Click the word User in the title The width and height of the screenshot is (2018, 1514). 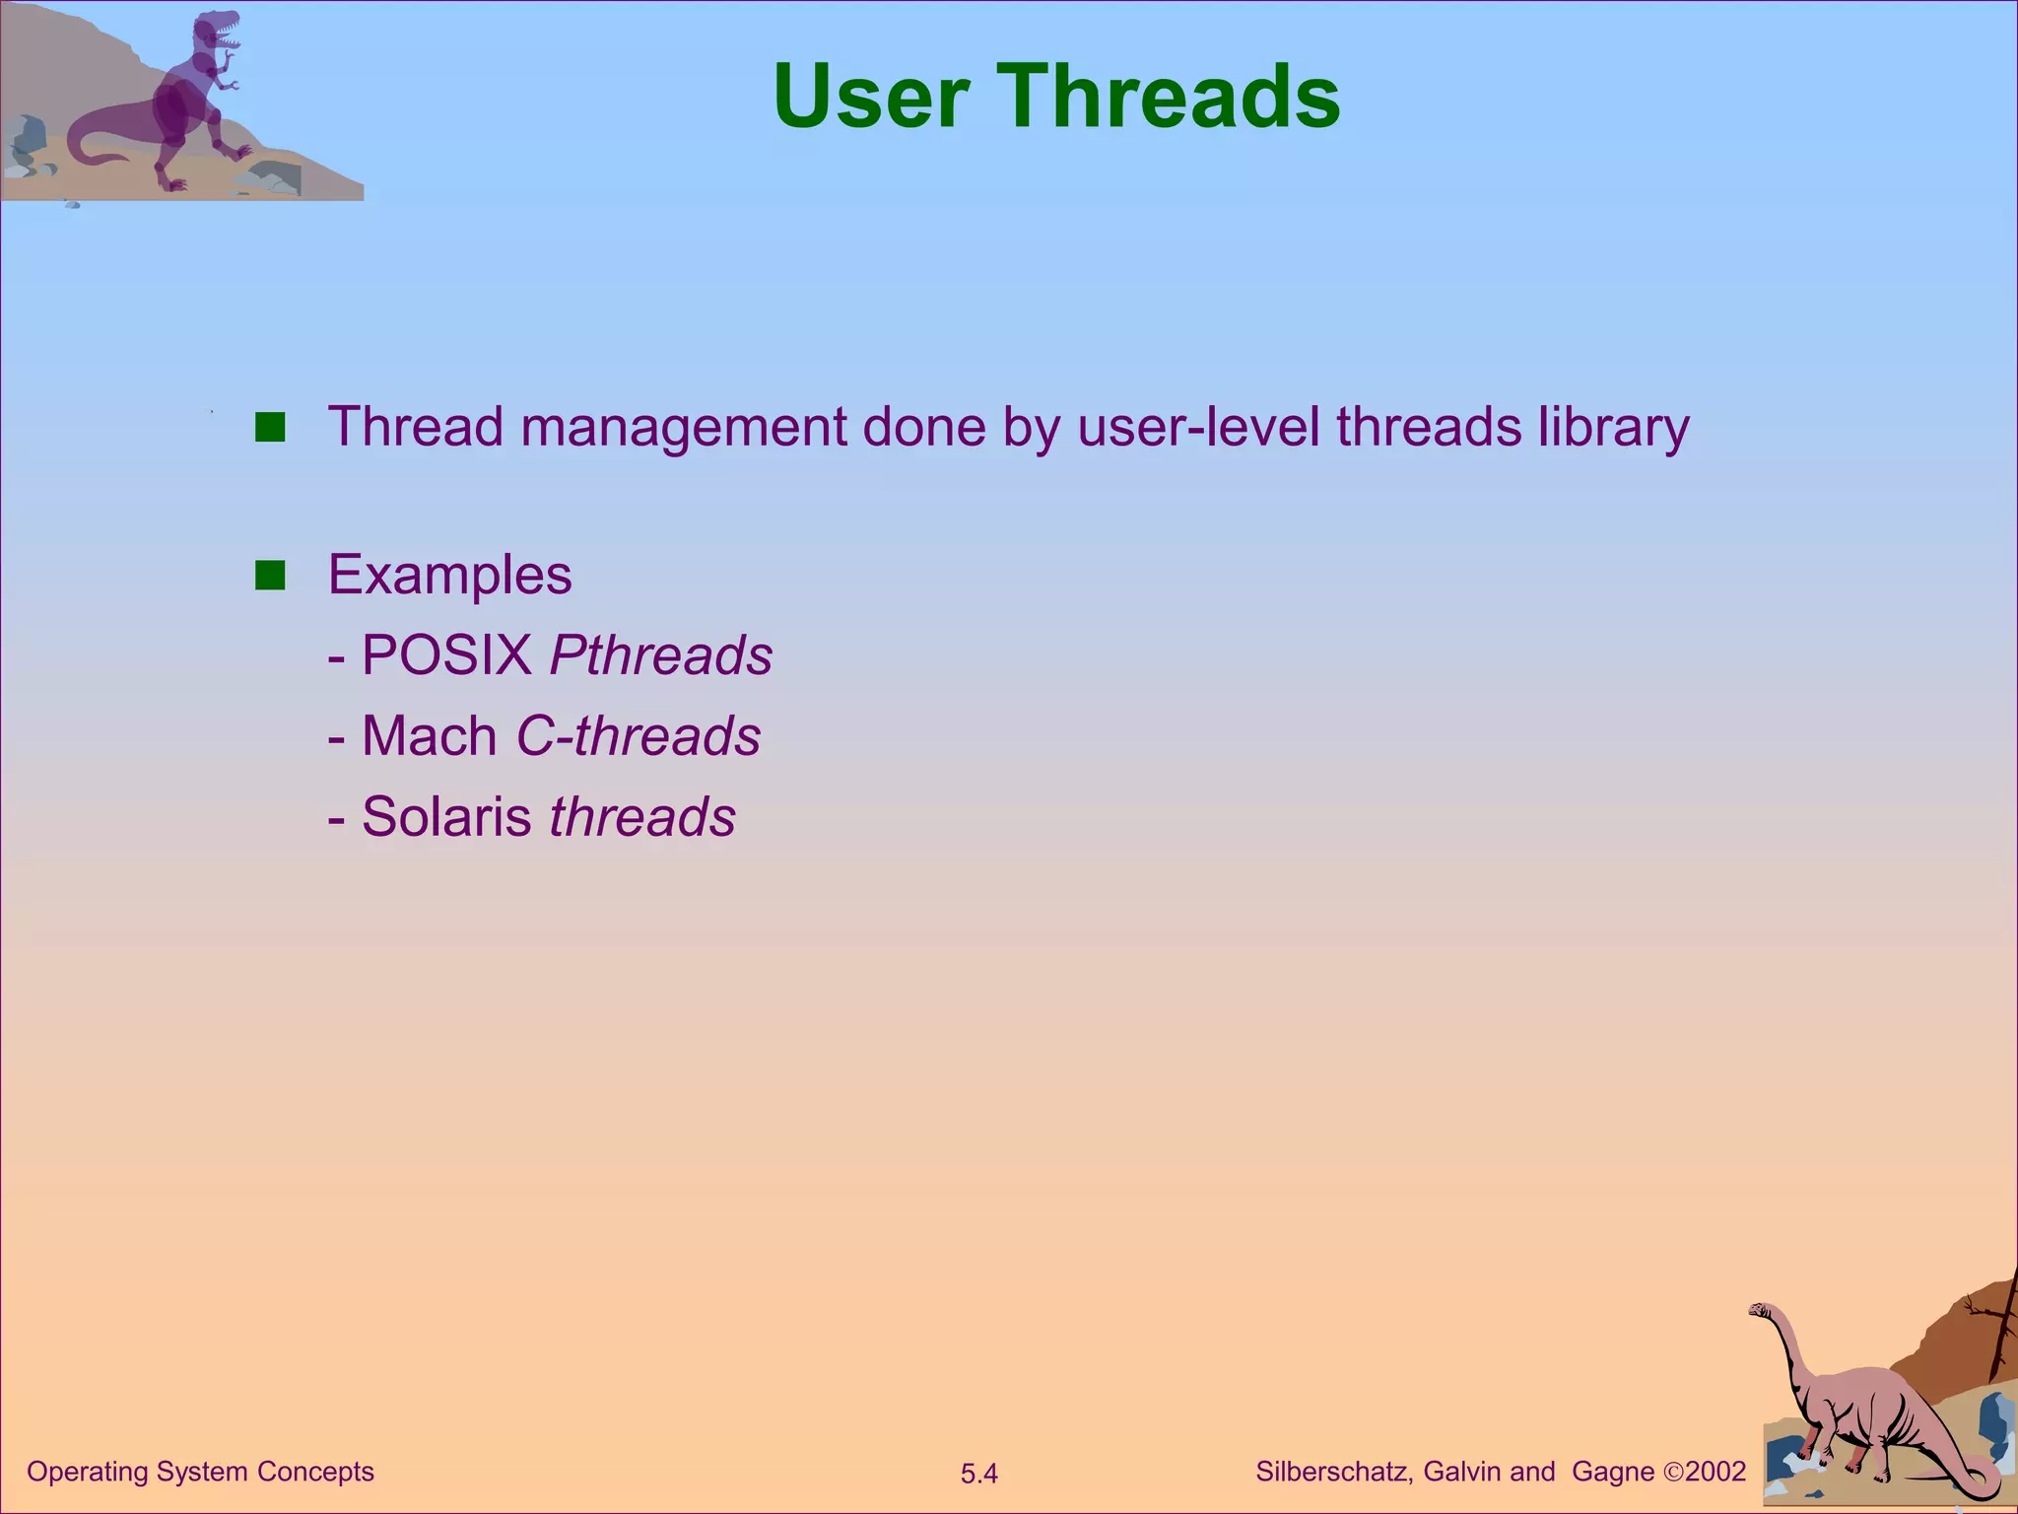click(x=870, y=97)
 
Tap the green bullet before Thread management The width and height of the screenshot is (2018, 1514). click(x=270, y=428)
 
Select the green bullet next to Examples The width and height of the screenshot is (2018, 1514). click(x=270, y=575)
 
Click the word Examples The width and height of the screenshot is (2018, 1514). click(x=449, y=575)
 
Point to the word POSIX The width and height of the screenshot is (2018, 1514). click(x=446, y=654)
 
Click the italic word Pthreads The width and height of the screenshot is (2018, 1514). click(x=661, y=654)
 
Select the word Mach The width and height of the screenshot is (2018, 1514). click(x=429, y=735)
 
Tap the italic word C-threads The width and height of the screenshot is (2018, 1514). click(x=639, y=735)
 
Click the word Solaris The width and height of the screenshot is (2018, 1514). click(x=446, y=816)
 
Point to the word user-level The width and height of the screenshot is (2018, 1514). click(x=1198, y=428)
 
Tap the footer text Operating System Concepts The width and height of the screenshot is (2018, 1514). click(x=200, y=1472)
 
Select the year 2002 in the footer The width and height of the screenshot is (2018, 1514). click(x=1716, y=1472)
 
